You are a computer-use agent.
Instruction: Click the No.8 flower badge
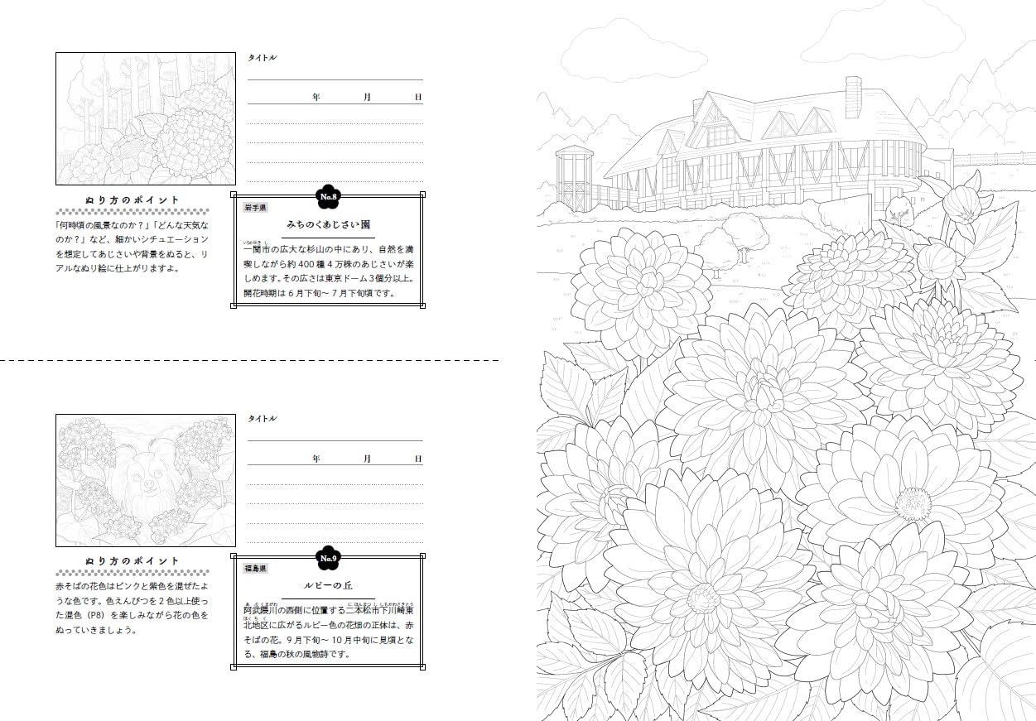(x=329, y=197)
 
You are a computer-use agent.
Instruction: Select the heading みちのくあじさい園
(x=328, y=224)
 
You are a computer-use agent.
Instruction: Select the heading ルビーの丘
(x=328, y=585)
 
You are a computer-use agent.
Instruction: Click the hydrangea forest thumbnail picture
(x=133, y=118)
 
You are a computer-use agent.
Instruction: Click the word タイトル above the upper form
(x=263, y=58)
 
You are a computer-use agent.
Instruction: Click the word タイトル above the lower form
(x=263, y=419)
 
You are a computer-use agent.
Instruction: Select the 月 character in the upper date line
(x=367, y=98)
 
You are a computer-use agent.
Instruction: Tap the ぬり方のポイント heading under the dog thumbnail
(x=133, y=561)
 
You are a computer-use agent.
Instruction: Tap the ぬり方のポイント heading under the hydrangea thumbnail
(x=133, y=200)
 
